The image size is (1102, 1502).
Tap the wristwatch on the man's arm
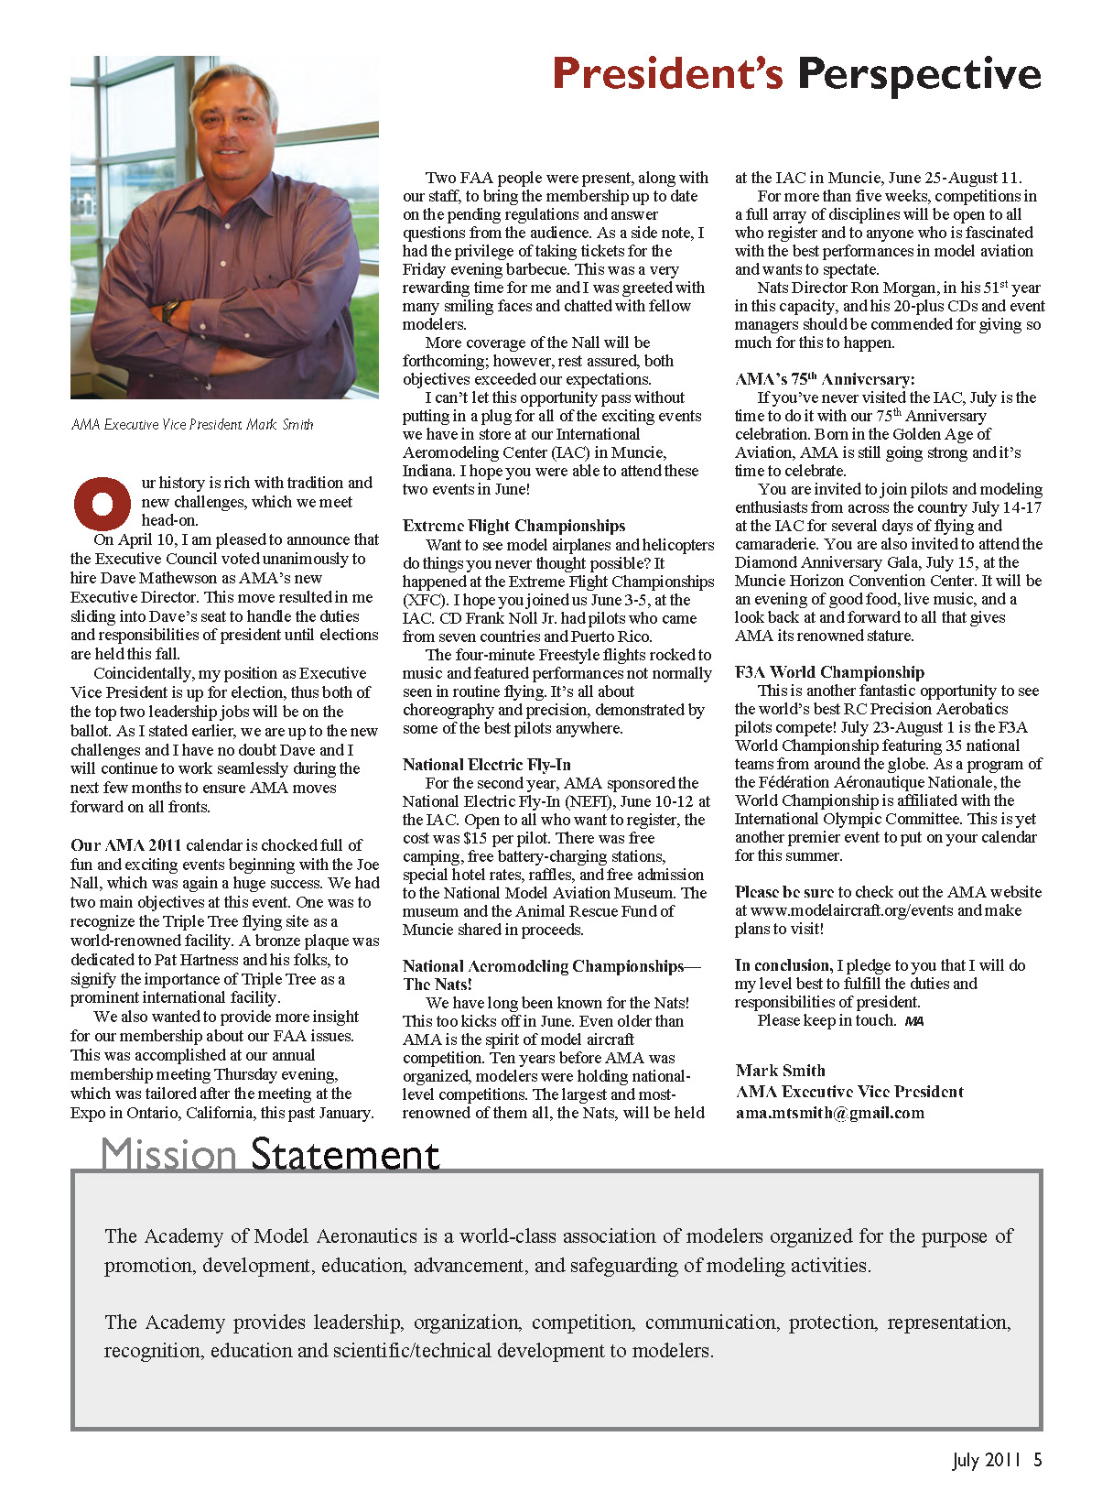click(170, 310)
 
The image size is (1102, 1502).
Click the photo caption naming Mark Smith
click(192, 425)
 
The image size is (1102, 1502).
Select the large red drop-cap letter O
click(102, 503)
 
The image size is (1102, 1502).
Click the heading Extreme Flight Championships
click(513, 526)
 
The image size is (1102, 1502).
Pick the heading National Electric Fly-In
click(486, 765)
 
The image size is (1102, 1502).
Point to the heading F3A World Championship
click(829, 672)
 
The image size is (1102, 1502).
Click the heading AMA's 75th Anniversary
click(824, 379)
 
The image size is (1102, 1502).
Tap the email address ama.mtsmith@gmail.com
click(829, 1114)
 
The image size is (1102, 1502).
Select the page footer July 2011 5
click(997, 1460)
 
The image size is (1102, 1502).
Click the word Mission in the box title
click(169, 1154)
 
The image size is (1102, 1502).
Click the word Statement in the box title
click(345, 1154)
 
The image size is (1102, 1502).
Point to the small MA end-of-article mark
click(913, 1021)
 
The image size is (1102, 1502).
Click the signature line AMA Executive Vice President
click(849, 1092)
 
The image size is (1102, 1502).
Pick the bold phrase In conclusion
click(783, 965)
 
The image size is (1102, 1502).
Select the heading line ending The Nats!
click(438, 985)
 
